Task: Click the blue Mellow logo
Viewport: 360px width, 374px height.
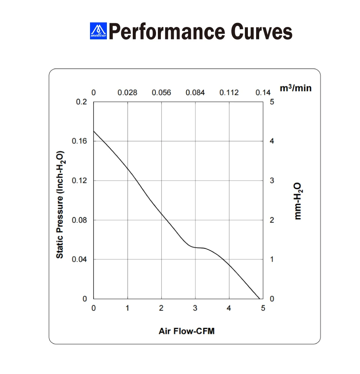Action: tap(98, 31)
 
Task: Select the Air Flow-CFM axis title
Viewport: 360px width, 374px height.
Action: tap(186, 331)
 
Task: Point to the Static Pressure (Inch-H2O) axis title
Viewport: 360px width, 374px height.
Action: tap(60, 205)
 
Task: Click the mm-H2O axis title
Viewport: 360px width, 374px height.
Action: tap(298, 201)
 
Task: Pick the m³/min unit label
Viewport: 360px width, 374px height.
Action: tap(295, 88)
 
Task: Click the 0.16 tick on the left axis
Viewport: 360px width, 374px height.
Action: tap(79, 141)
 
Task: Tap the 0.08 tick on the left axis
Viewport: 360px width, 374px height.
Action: tap(79, 220)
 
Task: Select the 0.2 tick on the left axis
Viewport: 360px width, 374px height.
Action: tap(81, 102)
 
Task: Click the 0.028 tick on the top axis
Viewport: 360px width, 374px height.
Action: tap(127, 93)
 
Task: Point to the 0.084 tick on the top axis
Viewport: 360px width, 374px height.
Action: tap(195, 93)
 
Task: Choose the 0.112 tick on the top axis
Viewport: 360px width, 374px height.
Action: tap(229, 93)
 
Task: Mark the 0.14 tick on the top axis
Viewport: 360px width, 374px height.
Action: tap(263, 93)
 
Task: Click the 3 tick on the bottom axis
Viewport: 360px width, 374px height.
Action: tap(195, 308)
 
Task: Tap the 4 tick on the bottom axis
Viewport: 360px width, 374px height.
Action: tap(229, 308)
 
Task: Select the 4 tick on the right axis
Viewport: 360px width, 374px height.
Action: tap(272, 141)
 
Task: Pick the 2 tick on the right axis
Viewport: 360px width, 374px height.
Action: tap(272, 220)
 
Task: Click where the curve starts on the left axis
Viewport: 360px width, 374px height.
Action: tap(94, 131)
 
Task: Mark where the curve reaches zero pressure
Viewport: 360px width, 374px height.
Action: tap(259, 299)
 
